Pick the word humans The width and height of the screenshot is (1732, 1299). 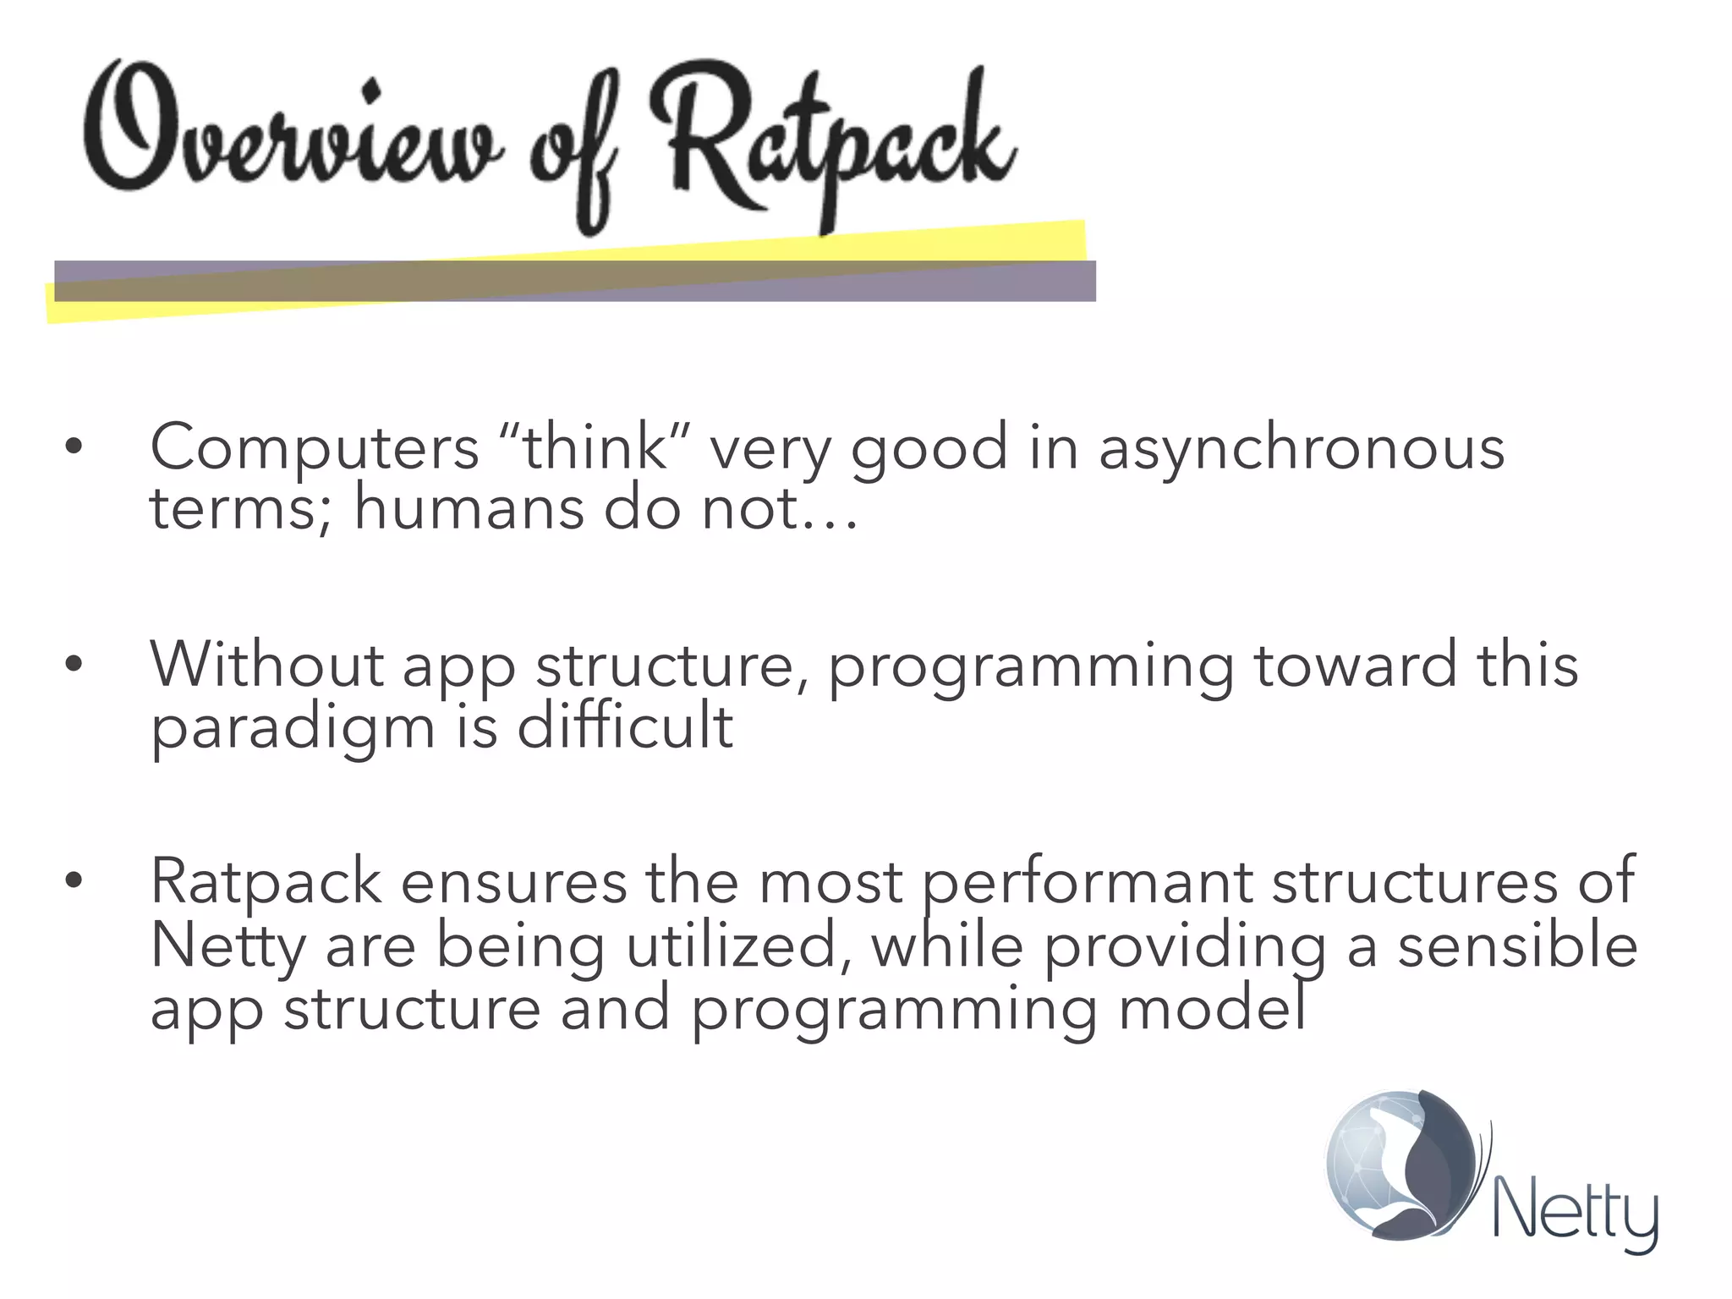point(469,509)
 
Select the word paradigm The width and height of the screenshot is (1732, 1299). point(293,729)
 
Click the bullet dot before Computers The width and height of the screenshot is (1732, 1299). point(74,447)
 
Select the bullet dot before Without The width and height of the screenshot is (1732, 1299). point(74,664)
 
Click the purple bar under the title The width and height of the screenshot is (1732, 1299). point(575,282)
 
